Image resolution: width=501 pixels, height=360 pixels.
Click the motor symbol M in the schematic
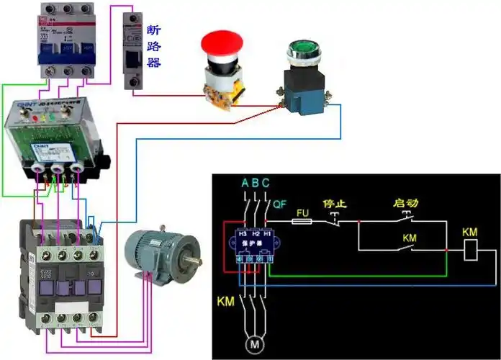254,345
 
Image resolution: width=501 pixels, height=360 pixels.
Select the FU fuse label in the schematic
303,213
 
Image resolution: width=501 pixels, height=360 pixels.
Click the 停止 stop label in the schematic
335,203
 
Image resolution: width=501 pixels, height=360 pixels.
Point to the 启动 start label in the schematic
406,203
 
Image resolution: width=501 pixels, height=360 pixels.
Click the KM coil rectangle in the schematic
470,250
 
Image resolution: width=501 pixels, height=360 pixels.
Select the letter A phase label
245,183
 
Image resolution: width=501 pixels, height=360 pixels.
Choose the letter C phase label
266,183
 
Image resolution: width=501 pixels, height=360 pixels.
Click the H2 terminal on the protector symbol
255,235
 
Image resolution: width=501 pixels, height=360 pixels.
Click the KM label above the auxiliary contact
410,237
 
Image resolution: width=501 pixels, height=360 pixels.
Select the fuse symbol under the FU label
303,222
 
